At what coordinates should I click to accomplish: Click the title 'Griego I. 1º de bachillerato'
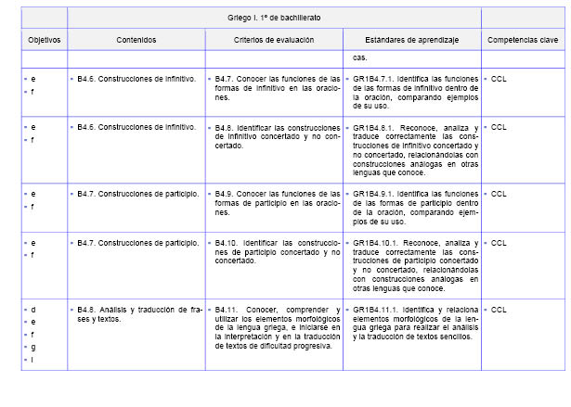click(x=274, y=19)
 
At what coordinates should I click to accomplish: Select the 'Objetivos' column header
click(x=44, y=41)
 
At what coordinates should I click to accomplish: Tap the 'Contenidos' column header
click(x=136, y=41)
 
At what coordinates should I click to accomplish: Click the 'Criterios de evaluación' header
click(x=273, y=41)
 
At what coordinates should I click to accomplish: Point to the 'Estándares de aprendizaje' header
click(x=412, y=41)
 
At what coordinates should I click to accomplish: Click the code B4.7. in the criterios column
click(x=224, y=80)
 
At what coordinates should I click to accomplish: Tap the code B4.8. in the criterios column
click(x=224, y=126)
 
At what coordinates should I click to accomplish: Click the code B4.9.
click(x=224, y=194)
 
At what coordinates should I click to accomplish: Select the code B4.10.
click(x=226, y=242)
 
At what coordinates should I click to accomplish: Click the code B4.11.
click(x=226, y=309)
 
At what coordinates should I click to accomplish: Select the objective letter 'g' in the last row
click(x=33, y=347)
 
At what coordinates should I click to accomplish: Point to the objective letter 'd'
click(x=33, y=309)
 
